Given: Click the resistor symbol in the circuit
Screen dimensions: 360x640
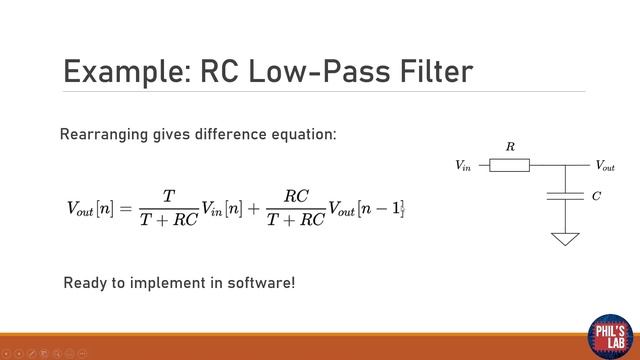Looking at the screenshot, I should (510, 165).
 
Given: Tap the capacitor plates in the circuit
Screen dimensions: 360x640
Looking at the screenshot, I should (565, 195).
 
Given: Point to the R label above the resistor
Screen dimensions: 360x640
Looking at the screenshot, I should (510, 147).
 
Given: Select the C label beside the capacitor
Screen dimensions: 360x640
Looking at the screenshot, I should (597, 196).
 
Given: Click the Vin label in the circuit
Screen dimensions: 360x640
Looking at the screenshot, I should (463, 165).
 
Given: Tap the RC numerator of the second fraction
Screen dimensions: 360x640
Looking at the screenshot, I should (296, 196).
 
